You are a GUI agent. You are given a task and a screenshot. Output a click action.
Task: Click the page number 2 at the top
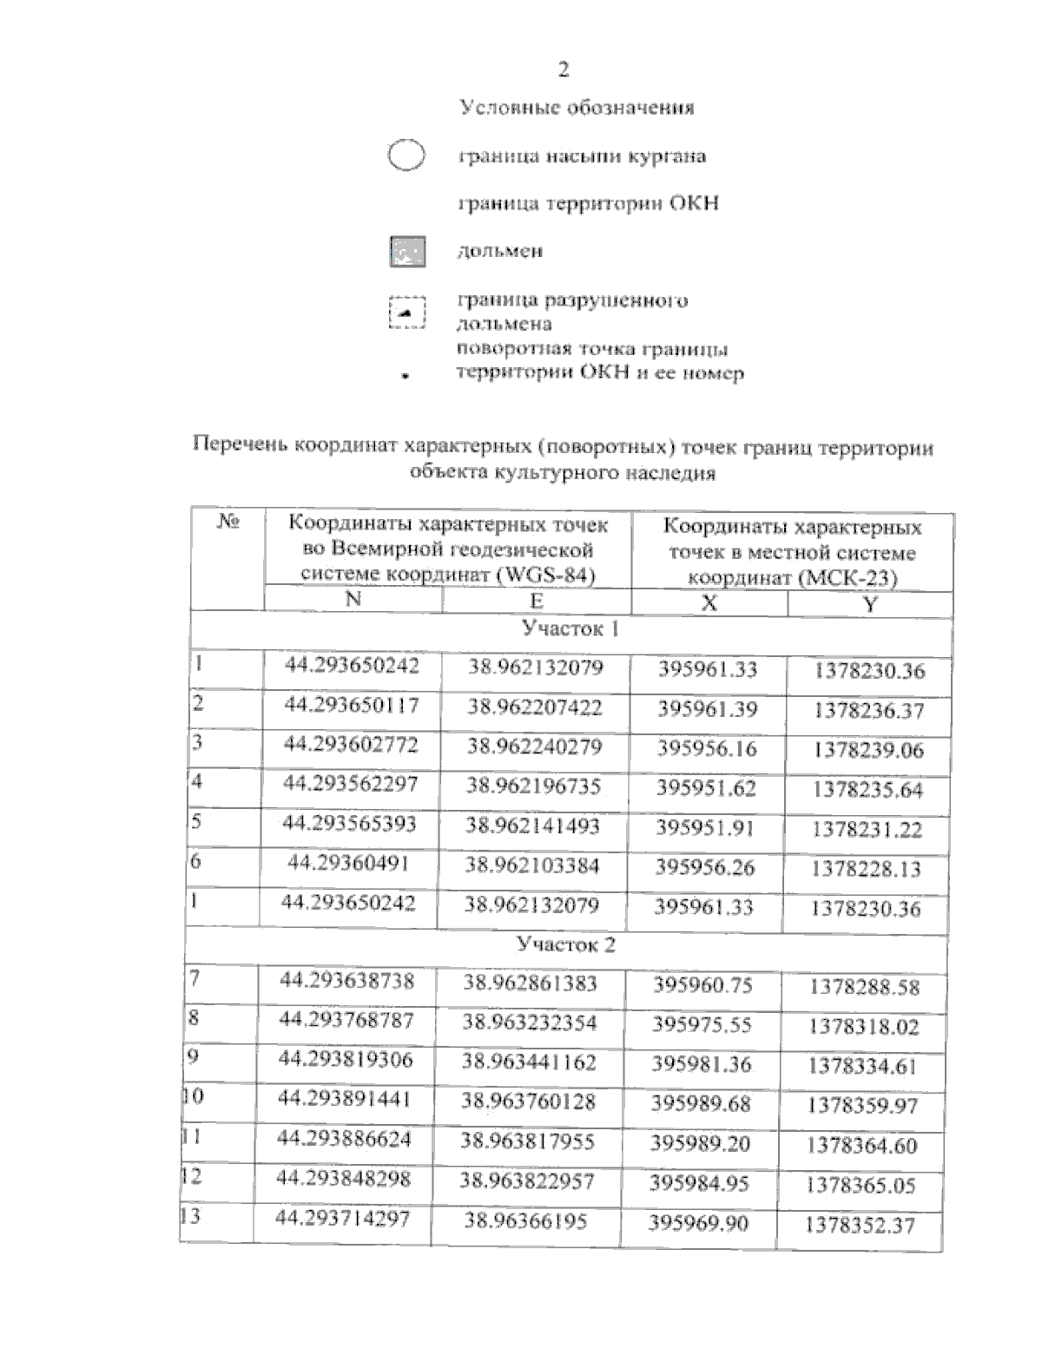click(x=564, y=70)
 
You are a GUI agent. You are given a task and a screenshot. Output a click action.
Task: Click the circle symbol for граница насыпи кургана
click(x=406, y=156)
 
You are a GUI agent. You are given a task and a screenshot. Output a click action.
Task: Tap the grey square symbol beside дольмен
click(x=406, y=252)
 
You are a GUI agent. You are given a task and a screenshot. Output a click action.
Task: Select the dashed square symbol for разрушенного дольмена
click(x=406, y=312)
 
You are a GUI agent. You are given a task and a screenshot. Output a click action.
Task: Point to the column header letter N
click(x=353, y=600)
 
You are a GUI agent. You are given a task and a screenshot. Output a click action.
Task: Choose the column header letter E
click(x=537, y=601)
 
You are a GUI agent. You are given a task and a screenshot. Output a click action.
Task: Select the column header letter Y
click(x=870, y=605)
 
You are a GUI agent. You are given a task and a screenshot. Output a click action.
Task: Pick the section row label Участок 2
click(x=565, y=944)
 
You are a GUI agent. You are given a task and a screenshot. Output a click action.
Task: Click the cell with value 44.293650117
click(x=352, y=706)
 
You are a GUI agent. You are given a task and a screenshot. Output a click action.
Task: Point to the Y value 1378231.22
click(x=867, y=830)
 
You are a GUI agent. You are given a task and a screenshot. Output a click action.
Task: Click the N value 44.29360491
click(x=347, y=864)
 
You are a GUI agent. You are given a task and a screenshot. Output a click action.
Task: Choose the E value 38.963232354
click(x=530, y=1023)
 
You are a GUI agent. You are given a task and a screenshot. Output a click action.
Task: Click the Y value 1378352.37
click(x=860, y=1226)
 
